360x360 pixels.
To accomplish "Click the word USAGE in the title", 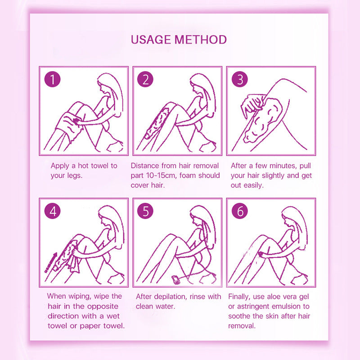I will pos(151,39).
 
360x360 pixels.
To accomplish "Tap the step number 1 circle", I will pos(53,80).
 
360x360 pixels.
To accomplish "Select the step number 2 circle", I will pos(145,80).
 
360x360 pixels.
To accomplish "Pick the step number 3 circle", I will pos(239,80).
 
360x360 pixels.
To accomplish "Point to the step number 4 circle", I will pos(53,211).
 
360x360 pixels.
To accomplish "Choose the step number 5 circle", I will pos(145,211).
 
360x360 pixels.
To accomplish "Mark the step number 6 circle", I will pos(239,211).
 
